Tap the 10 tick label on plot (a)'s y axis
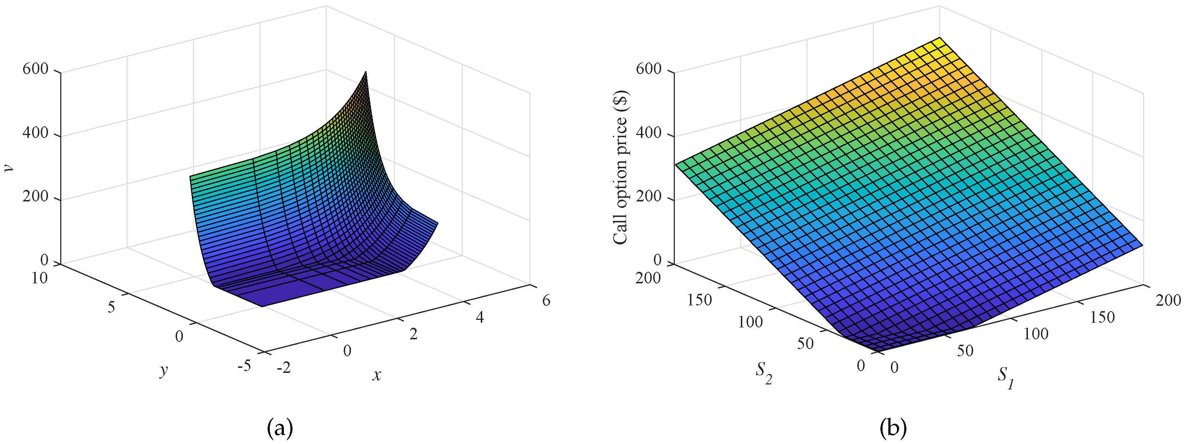coord(40,278)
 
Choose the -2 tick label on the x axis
coord(284,367)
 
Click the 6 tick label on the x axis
coord(546,301)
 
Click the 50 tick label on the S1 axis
coord(965,351)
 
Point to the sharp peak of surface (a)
coord(366,73)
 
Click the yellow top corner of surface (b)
coord(939,39)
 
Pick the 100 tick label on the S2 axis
coord(750,322)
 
